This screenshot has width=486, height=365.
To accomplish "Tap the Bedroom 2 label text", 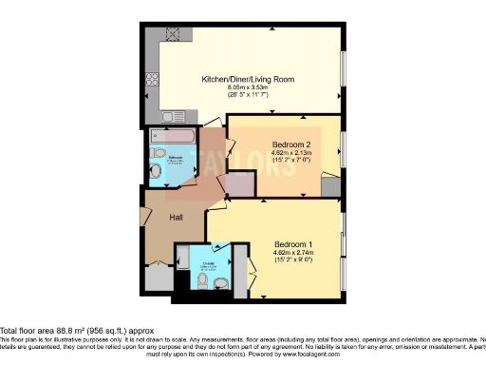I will [x=288, y=144].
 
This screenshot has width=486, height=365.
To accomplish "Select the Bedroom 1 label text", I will [x=294, y=242].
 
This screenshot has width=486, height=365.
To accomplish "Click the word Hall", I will [x=176, y=218].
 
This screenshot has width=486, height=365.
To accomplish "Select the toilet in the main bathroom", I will [x=158, y=152].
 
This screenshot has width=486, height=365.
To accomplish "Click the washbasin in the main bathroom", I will [x=155, y=171].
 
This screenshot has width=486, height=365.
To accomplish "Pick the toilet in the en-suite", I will [x=220, y=282].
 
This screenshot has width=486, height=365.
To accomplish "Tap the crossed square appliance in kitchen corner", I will [x=174, y=36].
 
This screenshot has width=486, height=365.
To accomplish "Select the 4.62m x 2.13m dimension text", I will [x=288, y=154].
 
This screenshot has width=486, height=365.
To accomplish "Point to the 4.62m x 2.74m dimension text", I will [x=294, y=252].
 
